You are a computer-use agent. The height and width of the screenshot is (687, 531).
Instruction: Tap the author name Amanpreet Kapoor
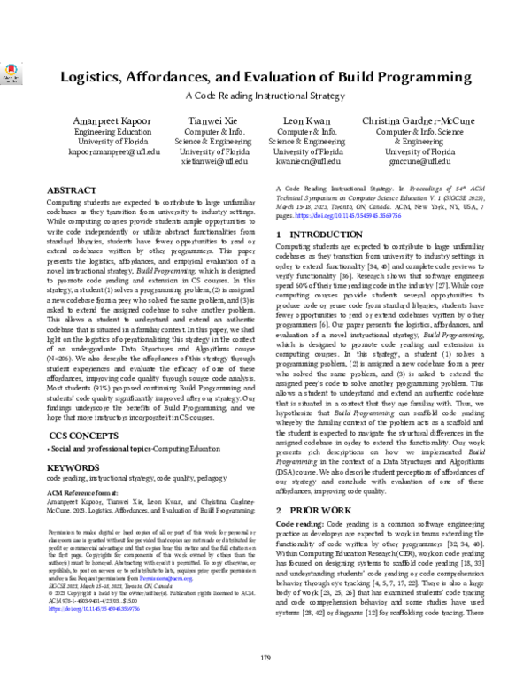(86, 121)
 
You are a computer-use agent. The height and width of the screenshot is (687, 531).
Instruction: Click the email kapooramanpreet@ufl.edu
(86, 163)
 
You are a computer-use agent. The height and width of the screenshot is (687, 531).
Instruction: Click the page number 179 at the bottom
(265, 656)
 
